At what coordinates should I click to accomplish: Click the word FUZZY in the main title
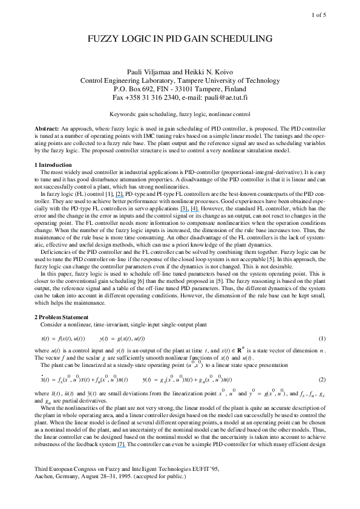tap(107, 39)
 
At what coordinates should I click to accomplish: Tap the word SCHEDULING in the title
tap(241, 39)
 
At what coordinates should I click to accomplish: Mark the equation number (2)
tap(322, 380)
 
